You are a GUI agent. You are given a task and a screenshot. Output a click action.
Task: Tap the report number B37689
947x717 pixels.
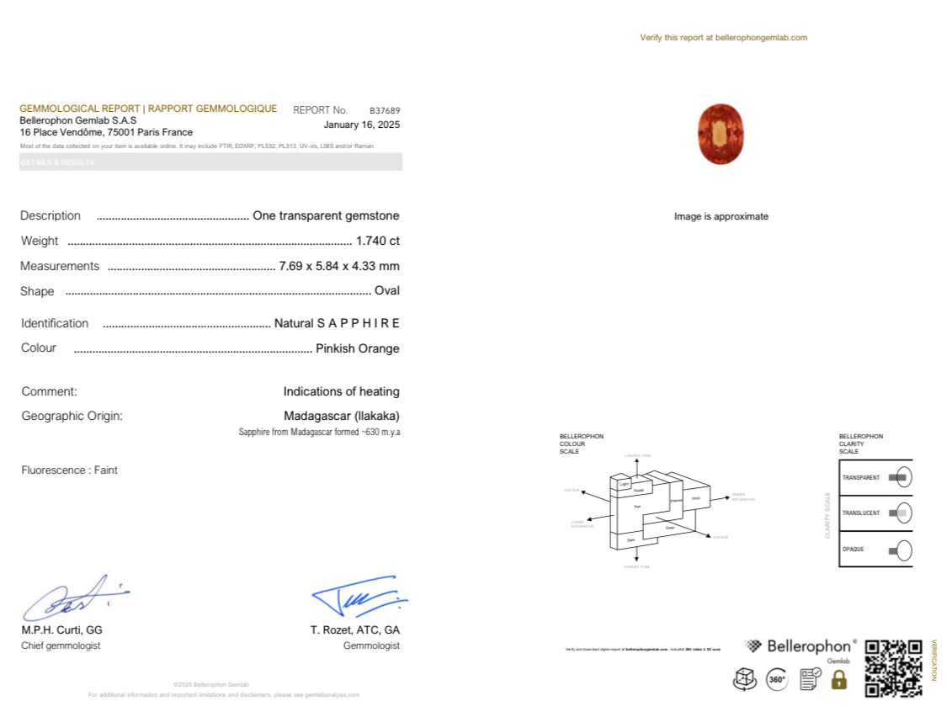pyautogui.click(x=385, y=110)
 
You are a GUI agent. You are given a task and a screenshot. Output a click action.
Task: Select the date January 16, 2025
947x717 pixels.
pyautogui.click(x=361, y=125)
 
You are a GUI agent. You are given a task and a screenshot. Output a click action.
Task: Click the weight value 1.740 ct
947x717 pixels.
pyautogui.click(x=377, y=241)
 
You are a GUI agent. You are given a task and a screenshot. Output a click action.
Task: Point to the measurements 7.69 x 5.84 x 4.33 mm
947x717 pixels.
pyautogui.click(x=338, y=266)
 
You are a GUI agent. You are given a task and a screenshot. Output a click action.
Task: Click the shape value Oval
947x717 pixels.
pyautogui.click(x=386, y=291)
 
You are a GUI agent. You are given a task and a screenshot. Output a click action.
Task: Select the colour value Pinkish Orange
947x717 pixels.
pyautogui.click(x=357, y=348)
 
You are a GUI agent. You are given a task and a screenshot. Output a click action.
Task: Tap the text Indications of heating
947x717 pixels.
pyautogui.click(x=341, y=391)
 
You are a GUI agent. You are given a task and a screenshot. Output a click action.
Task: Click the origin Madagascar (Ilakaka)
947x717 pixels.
pyautogui.click(x=341, y=416)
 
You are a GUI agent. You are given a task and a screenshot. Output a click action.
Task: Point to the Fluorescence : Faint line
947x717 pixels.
pyautogui.click(x=69, y=470)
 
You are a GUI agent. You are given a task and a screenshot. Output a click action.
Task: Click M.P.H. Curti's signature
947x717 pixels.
pyautogui.click(x=74, y=598)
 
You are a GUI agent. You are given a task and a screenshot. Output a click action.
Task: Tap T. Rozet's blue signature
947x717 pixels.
pyautogui.click(x=359, y=597)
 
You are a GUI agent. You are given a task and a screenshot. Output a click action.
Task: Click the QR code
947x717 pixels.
pyautogui.click(x=893, y=668)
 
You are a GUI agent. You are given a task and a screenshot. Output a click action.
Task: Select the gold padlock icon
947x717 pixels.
pyautogui.click(x=838, y=680)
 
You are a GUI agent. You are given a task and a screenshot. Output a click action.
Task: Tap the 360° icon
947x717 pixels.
pyautogui.click(x=777, y=679)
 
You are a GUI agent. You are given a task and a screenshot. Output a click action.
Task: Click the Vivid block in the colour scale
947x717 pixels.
pyautogui.click(x=695, y=498)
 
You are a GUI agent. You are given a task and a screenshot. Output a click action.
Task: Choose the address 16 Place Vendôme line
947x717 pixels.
pyautogui.click(x=106, y=132)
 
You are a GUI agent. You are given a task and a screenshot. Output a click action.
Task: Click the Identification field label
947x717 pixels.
pyautogui.click(x=55, y=323)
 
